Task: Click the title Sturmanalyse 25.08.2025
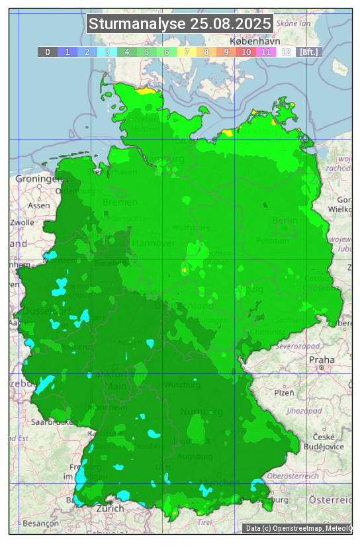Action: point(180,24)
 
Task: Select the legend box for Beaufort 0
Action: point(48,52)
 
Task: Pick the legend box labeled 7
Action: point(187,52)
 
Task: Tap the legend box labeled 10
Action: point(246,52)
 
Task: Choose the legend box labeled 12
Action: point(286,52)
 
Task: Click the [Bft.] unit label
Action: point(308,52)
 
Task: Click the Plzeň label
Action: point(284,392)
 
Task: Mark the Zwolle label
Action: point(22,222)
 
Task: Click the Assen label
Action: point(39,205)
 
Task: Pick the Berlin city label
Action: point(285,220)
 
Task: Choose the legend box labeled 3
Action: point(107,52)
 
